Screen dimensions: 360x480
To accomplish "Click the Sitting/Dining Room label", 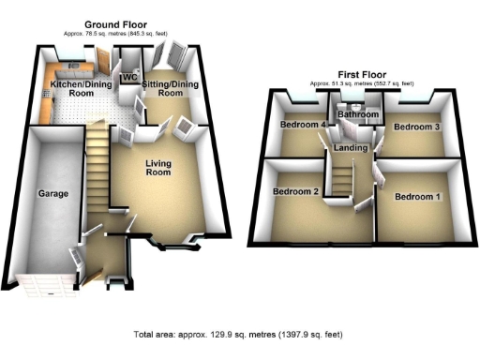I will click(170, 88).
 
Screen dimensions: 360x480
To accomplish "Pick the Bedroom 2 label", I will click(295, 191).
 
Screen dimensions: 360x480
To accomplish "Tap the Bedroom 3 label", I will click(416, 126).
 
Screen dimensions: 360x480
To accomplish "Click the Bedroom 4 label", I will click(301, 125).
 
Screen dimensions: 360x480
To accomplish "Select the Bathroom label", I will click(357, 115).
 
